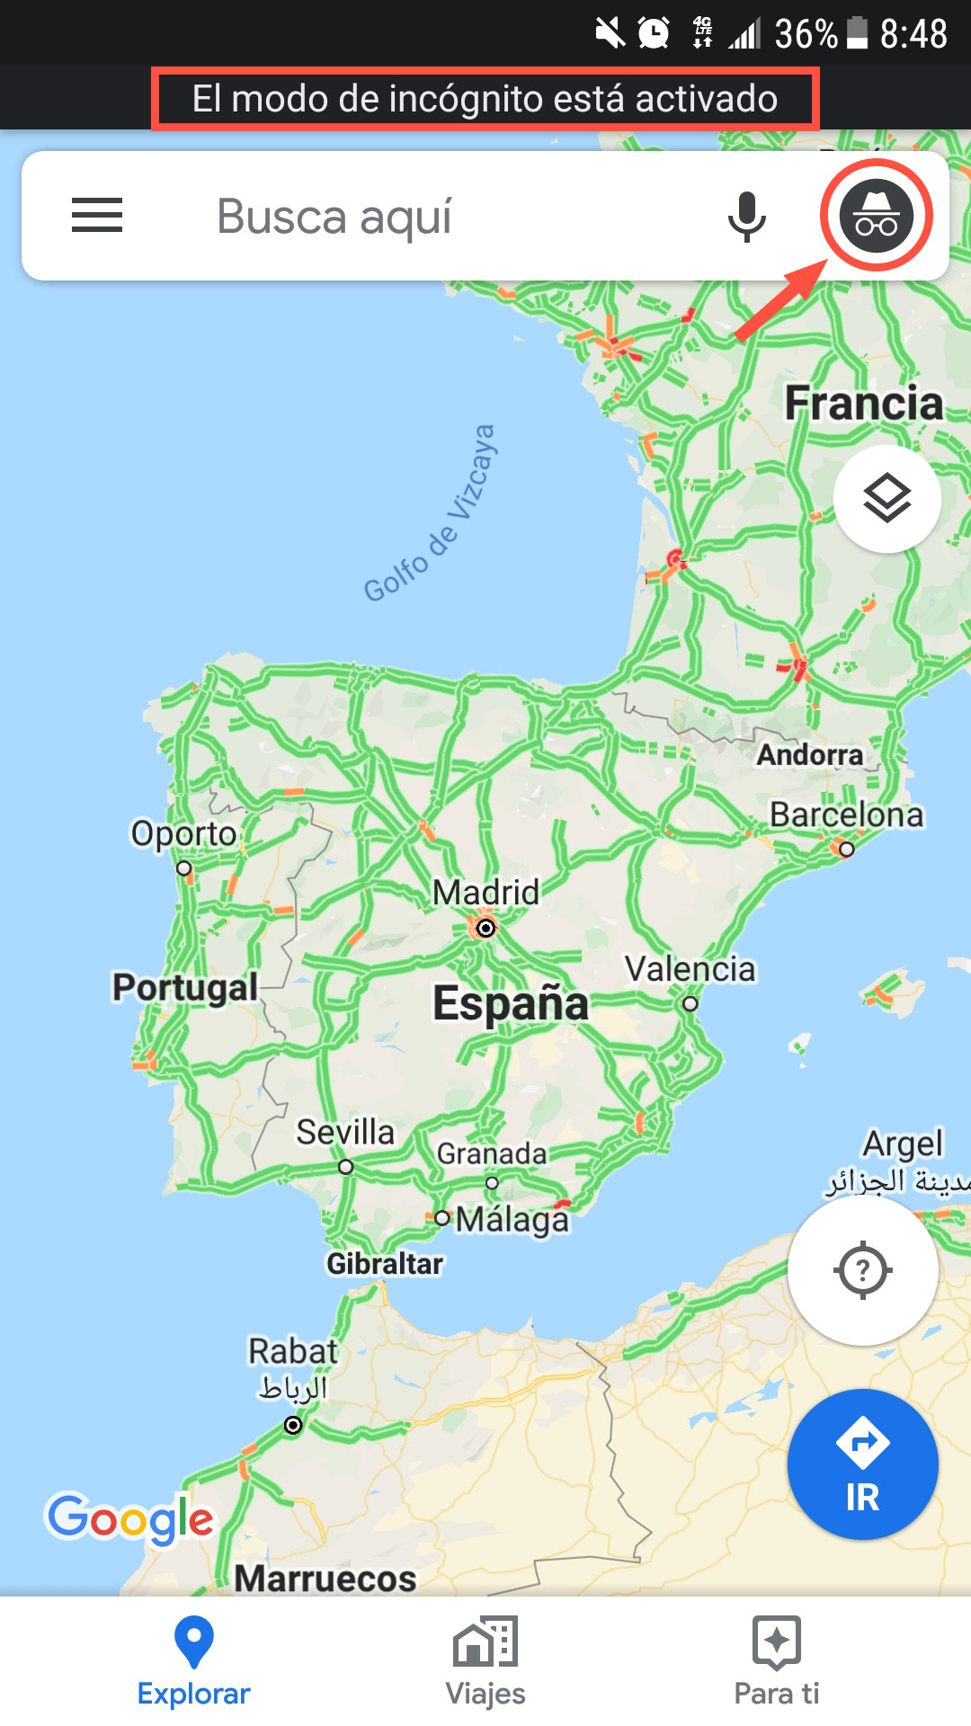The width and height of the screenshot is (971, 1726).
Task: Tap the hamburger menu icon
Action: (x=97, y=216)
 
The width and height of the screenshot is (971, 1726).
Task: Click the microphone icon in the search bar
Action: (x=746, y=217)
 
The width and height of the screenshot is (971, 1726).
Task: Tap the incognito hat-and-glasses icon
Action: (x=876, y=216)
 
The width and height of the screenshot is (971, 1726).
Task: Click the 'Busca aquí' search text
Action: (x=334, y=217)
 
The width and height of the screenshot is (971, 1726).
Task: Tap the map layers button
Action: (x=886, y=498)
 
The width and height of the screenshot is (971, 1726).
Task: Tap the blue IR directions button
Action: (x=862, y=1464)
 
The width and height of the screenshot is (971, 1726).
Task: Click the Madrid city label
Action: (x=485, y=893)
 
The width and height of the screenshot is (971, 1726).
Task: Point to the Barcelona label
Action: (x=846, y=814)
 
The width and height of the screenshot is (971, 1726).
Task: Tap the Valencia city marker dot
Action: (x=690, y=1003)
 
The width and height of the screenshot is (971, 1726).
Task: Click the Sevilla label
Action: (x=345, y=1132)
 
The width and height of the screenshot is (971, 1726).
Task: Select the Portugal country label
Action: (x=185, y=987)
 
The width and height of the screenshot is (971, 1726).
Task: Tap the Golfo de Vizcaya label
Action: (x=430, y=513)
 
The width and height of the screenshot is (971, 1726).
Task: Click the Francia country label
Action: (x=863, y=403)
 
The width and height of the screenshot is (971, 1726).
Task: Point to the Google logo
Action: (x=131, y=1519)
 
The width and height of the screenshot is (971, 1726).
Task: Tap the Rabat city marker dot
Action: (x=293, y=1425)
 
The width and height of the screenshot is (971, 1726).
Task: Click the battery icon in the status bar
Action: (x=858, y=34)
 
